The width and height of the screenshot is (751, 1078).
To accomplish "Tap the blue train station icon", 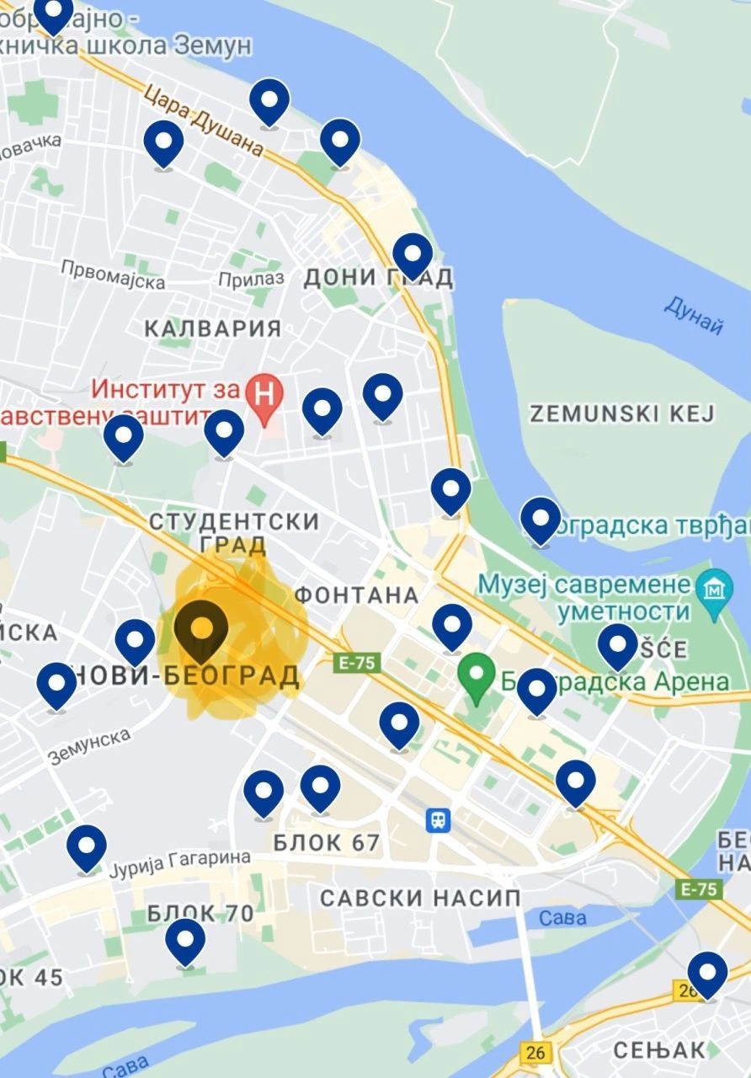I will coord(438,819).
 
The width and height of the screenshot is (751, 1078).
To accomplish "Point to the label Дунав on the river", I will coord(695,314).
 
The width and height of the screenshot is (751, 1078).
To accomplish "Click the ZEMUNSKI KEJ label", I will coord(621,414).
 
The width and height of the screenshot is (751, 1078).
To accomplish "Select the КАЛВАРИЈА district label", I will coord(213,328).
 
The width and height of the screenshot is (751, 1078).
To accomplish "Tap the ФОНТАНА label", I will coord(357,595).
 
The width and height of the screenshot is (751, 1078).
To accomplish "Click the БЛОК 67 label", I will coord(327,842).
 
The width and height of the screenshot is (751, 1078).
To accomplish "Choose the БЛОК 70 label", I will coord(200,913).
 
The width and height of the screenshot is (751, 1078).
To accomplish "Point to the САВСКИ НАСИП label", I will coord(420,898).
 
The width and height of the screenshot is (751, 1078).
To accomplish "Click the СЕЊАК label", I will coord(658,1049).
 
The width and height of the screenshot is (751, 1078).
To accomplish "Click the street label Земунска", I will coord(90,746).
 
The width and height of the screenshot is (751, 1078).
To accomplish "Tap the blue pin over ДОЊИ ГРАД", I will coord(413,253).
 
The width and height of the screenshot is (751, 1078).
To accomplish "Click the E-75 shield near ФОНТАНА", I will coord(358,663).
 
